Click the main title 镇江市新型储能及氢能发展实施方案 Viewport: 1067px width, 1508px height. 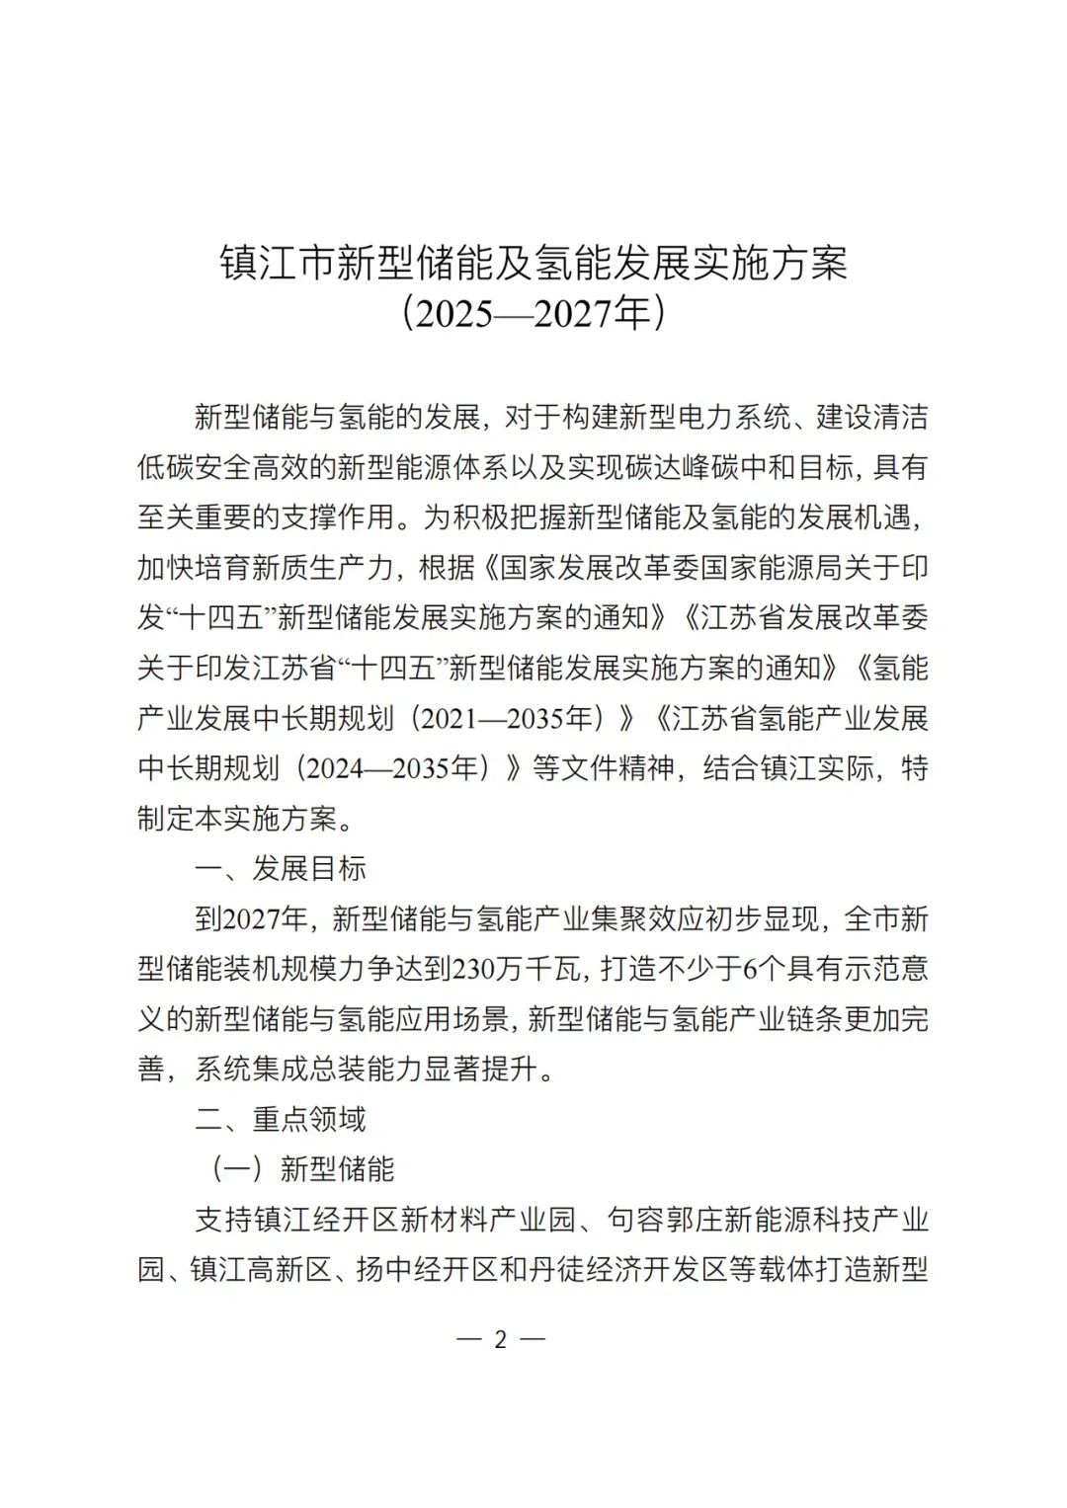pos(533,264)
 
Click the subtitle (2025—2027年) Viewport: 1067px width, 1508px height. pos(533,314)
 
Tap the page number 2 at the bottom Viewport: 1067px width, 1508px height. pos(500,1339)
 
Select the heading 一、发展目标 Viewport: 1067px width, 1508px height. pos(281,869)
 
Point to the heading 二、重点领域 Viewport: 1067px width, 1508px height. pos(281,1119)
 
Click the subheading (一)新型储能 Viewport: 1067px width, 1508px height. pos(301,1169)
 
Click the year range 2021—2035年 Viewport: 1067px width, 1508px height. pos(507,719)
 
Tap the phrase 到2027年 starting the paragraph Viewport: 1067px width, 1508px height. pos(252,919)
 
